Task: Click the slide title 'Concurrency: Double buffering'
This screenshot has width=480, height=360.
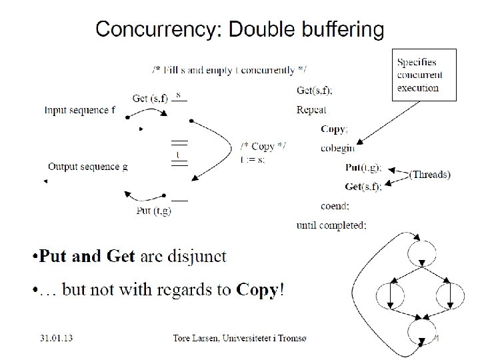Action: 239,29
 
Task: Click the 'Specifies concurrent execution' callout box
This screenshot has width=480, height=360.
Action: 424,75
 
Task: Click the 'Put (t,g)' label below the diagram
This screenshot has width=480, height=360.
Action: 153,211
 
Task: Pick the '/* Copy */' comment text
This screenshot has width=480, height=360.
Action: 263,147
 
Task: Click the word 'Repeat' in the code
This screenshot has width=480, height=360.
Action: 312,110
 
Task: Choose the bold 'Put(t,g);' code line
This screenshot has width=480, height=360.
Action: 363,167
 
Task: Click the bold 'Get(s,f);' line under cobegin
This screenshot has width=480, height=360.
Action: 363,187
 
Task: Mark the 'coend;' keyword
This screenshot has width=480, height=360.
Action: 337,206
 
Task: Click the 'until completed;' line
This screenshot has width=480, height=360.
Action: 331,225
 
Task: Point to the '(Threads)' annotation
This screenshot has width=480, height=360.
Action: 430,175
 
